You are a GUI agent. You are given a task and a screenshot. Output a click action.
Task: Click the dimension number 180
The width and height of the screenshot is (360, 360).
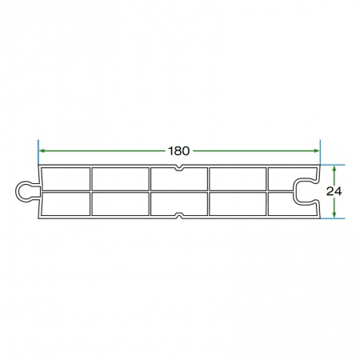(179, 151)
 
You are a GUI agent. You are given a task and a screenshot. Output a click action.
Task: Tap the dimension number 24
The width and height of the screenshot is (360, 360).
(334, 191)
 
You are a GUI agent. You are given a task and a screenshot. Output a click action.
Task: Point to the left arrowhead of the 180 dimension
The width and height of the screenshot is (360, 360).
(42, 151)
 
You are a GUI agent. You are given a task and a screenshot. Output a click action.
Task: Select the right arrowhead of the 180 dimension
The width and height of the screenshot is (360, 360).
(316, 151)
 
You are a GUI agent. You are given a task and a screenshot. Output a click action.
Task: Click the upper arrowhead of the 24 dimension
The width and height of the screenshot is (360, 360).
(334, 169)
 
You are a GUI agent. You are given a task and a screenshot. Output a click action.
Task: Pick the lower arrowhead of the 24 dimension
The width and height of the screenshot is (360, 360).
(334, 214)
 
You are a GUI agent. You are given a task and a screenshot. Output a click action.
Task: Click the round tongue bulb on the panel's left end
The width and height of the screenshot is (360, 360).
(23, 191)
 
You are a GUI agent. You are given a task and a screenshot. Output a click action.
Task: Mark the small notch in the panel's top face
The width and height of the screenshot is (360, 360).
(179, 168)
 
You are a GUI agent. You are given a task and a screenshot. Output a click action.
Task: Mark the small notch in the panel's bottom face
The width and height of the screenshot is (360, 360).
(179, 215)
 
